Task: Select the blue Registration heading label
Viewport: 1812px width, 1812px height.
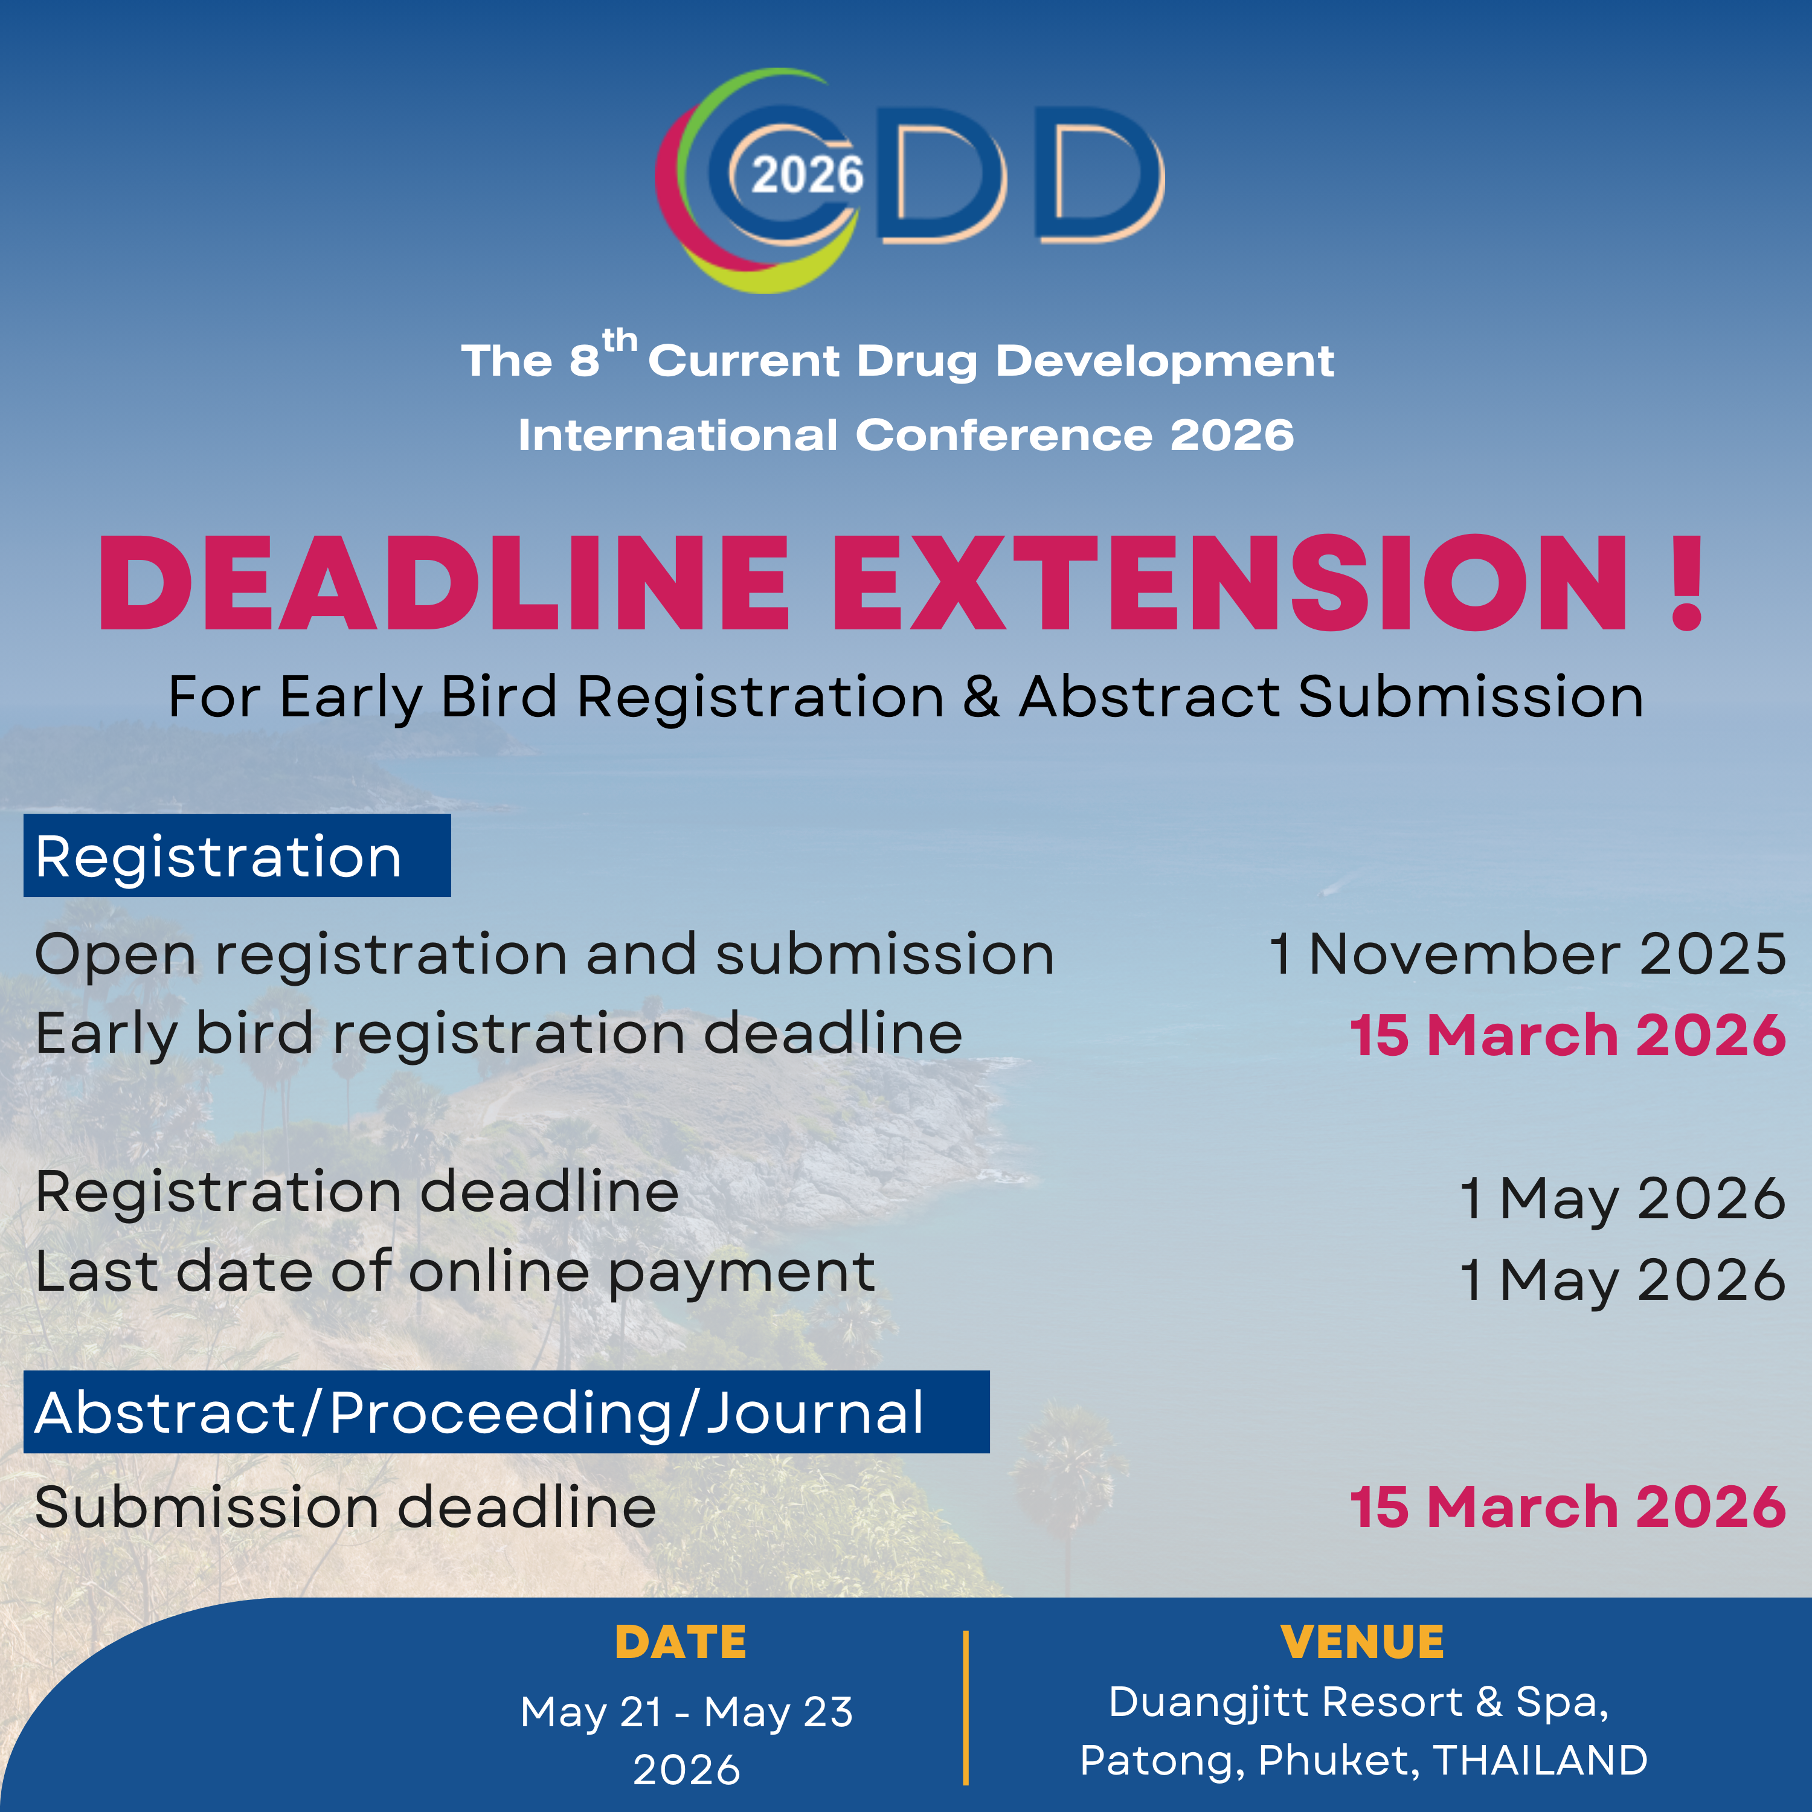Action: (x=237, y=855)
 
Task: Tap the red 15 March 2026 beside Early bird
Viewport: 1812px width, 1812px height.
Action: (x=1567, y=1035)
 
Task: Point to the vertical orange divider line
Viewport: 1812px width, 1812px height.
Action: (x=965, y=1707)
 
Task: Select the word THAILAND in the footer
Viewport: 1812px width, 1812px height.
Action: (x=1541, y=1761)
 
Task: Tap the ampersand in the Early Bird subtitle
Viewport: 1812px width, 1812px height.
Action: (x=981, y=697)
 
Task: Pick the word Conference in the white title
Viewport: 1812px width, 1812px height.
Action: (x=1003, y=435)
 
